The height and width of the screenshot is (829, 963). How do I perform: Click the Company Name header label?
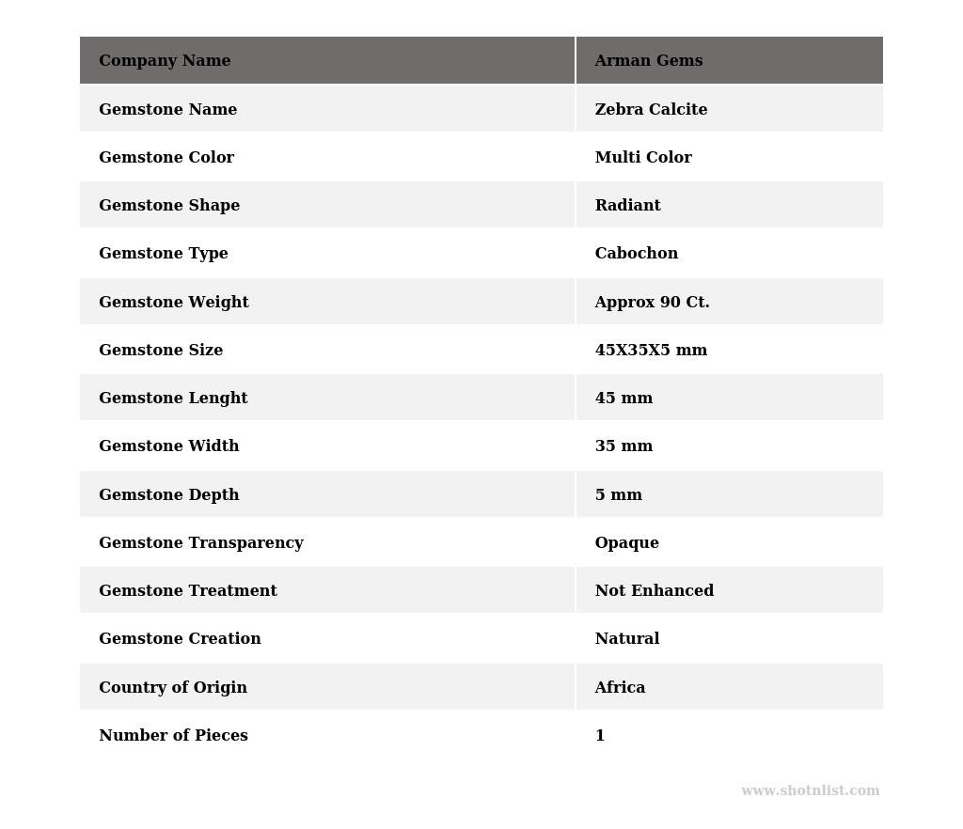coord(165,61)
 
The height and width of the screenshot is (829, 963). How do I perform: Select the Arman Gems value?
coord(648,61)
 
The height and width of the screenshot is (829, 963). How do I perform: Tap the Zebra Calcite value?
coord(651,110)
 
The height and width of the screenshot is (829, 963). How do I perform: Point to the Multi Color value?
coord(643,158)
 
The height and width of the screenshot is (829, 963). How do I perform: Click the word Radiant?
coord(627,206)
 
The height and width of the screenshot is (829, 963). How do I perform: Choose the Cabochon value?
coord(636,254)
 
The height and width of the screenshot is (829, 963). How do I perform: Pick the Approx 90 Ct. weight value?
coord(652,303)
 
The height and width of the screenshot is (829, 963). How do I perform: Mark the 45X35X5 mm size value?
coord(651,351)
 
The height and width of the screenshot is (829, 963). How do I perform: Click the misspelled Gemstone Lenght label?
coord(173,399)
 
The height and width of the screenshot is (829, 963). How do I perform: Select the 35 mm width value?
coord(624,446)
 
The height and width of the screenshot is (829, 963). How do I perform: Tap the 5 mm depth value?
coord(618,495)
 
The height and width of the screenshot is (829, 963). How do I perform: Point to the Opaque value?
coord(626,543)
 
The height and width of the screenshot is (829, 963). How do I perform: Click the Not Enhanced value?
coord(654,591)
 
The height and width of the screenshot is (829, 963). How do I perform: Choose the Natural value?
coord(626,639)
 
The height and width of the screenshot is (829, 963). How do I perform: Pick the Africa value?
coord(620,688)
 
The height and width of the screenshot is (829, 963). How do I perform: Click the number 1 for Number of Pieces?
coord(600,736)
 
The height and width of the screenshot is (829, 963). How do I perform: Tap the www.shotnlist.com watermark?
coord(810,791)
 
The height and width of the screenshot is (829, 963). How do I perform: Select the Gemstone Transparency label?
coord(200,543)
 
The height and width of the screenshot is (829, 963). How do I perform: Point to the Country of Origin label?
coord(173,688)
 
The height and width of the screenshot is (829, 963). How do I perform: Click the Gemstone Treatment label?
coord(187,591)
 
